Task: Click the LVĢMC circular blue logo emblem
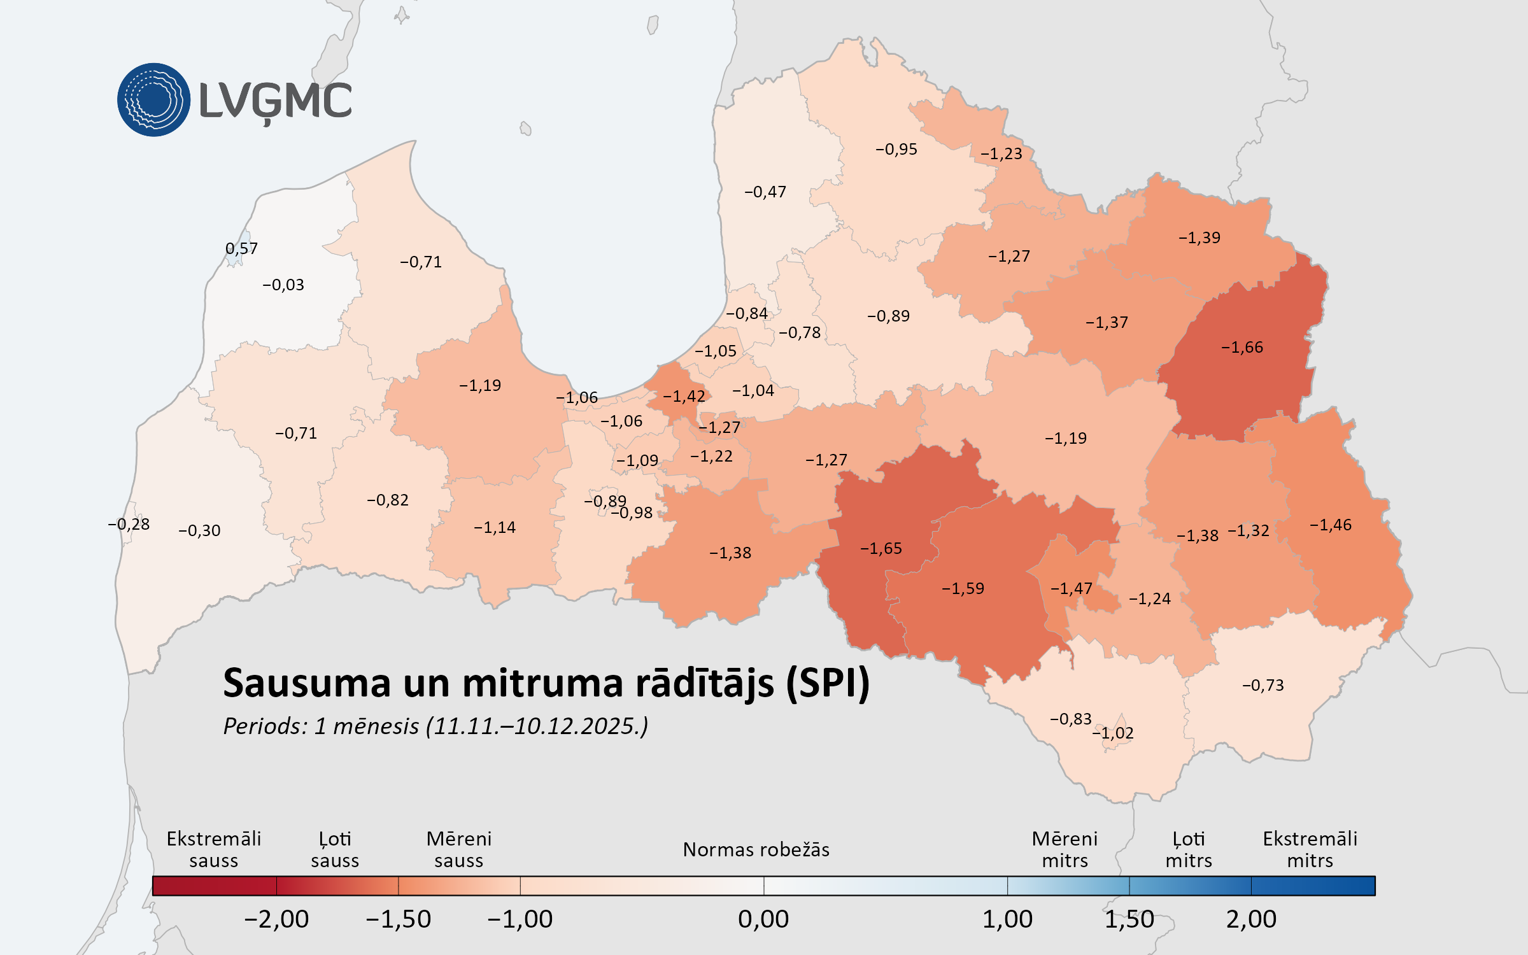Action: point(153,100)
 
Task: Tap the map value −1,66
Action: point(1241,348)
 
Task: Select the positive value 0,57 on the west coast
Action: point(241,249)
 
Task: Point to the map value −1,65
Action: point(881,549)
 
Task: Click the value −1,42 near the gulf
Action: point(684,397)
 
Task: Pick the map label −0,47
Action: point(765,192)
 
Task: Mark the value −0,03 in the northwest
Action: point(283,285)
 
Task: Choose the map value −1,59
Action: point(963,588)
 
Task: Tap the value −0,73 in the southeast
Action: point(1263,686)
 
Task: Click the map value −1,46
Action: point(1330,525)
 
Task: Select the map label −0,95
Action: point(896,150)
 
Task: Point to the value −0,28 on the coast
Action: point(129,525)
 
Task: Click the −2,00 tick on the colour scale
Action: point(276,919)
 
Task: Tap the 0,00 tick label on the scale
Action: point(763,919)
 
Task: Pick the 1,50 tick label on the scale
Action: point(1129,919)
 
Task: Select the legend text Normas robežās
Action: point(756,850)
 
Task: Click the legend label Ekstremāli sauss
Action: point(213,849)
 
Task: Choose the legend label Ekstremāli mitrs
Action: point(1310,849)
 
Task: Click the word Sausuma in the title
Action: point(306,684)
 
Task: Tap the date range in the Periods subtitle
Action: point(537,726)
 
